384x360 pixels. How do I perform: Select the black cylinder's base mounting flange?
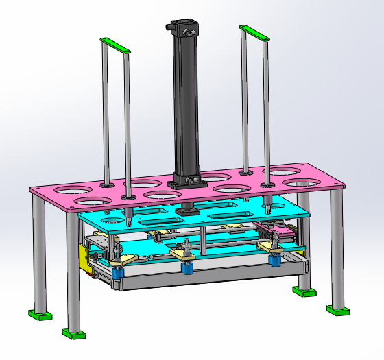click(x=189, y=182)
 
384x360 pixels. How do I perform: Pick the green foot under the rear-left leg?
click(x=40, y=315)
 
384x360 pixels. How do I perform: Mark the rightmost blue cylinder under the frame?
click(x=275, y=259)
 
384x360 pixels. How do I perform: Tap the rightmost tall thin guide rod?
click(x=266, y=113)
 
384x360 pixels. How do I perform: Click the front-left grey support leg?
click(x=72, y=274)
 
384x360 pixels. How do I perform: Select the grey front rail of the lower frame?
click(x=199, y=278)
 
